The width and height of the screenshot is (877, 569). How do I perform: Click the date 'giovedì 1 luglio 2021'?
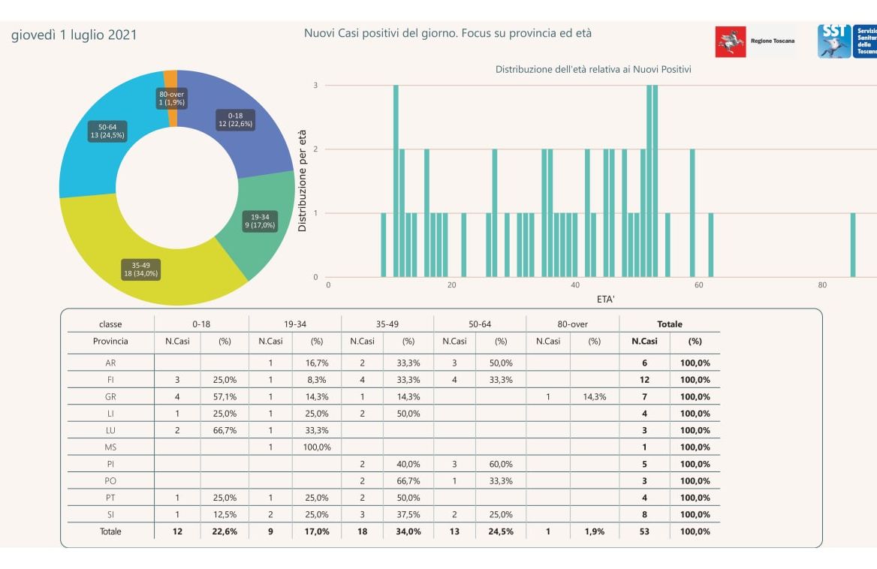tap(74, 35)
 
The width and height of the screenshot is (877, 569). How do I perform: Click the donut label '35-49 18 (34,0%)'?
tap(141, 269)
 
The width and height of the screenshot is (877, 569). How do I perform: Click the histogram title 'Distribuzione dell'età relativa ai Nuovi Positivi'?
tap(593, 69)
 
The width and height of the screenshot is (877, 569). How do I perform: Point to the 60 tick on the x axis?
tap(699, 285)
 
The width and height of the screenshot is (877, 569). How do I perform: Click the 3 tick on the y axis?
tap(316, 86)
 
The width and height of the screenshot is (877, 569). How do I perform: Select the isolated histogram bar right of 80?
tap(853, 245)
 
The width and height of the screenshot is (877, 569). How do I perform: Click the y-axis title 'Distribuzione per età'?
tap(303, 180)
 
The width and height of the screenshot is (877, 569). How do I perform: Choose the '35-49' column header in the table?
tap(387, 324)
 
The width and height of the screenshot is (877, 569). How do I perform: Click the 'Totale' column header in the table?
tap(670, 324)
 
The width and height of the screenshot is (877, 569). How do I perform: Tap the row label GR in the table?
tap(110, 396)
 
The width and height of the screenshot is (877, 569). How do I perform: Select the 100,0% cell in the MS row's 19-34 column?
tap(316, 447)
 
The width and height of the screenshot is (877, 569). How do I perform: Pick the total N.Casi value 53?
tap(644, 531)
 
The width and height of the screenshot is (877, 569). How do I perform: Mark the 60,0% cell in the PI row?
tap(501, 464)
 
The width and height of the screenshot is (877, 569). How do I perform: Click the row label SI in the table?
tap(110, 514)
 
